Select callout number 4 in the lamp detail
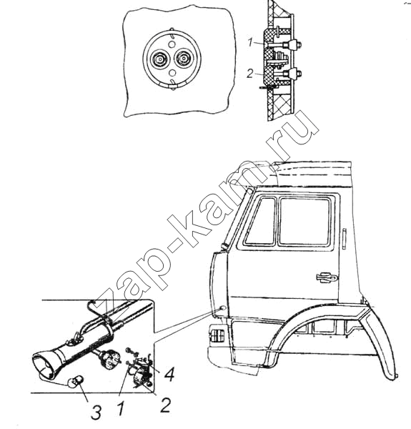point(169,373)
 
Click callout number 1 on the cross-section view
point(250,43)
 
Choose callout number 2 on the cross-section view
point(250,74)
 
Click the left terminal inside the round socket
point(159,59)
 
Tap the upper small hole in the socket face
point(172,44)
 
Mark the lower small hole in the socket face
point(172,72)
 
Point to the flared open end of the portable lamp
point(44,365)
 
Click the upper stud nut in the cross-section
point(297,44)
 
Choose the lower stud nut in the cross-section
point(297,74)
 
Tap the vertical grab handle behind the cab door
point(344,239)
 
